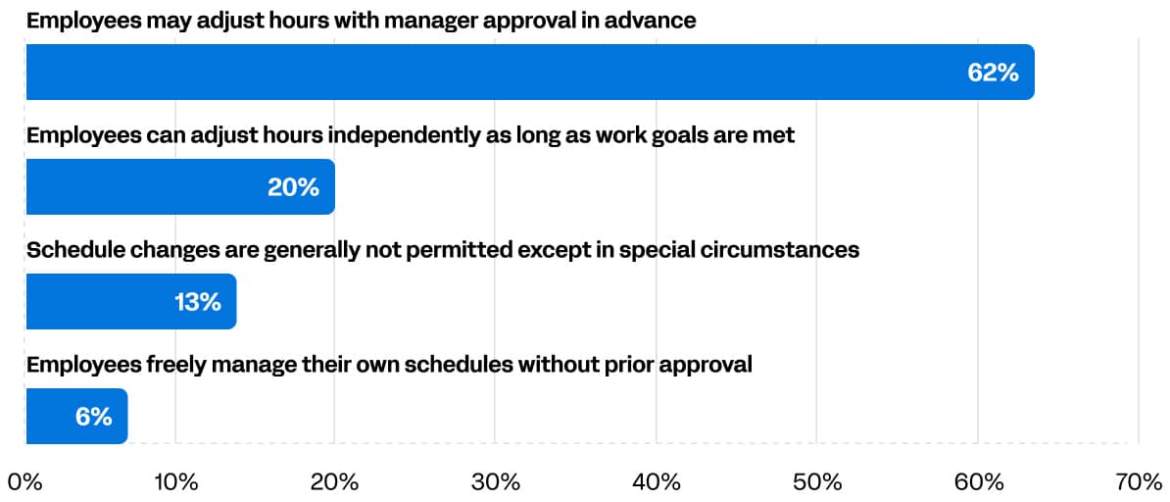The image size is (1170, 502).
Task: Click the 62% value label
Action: coord(993,73)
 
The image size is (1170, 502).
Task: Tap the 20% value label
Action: coord(293,187)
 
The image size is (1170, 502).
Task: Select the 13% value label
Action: coord(197,302)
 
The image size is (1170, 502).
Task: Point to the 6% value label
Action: coord(93,417)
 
